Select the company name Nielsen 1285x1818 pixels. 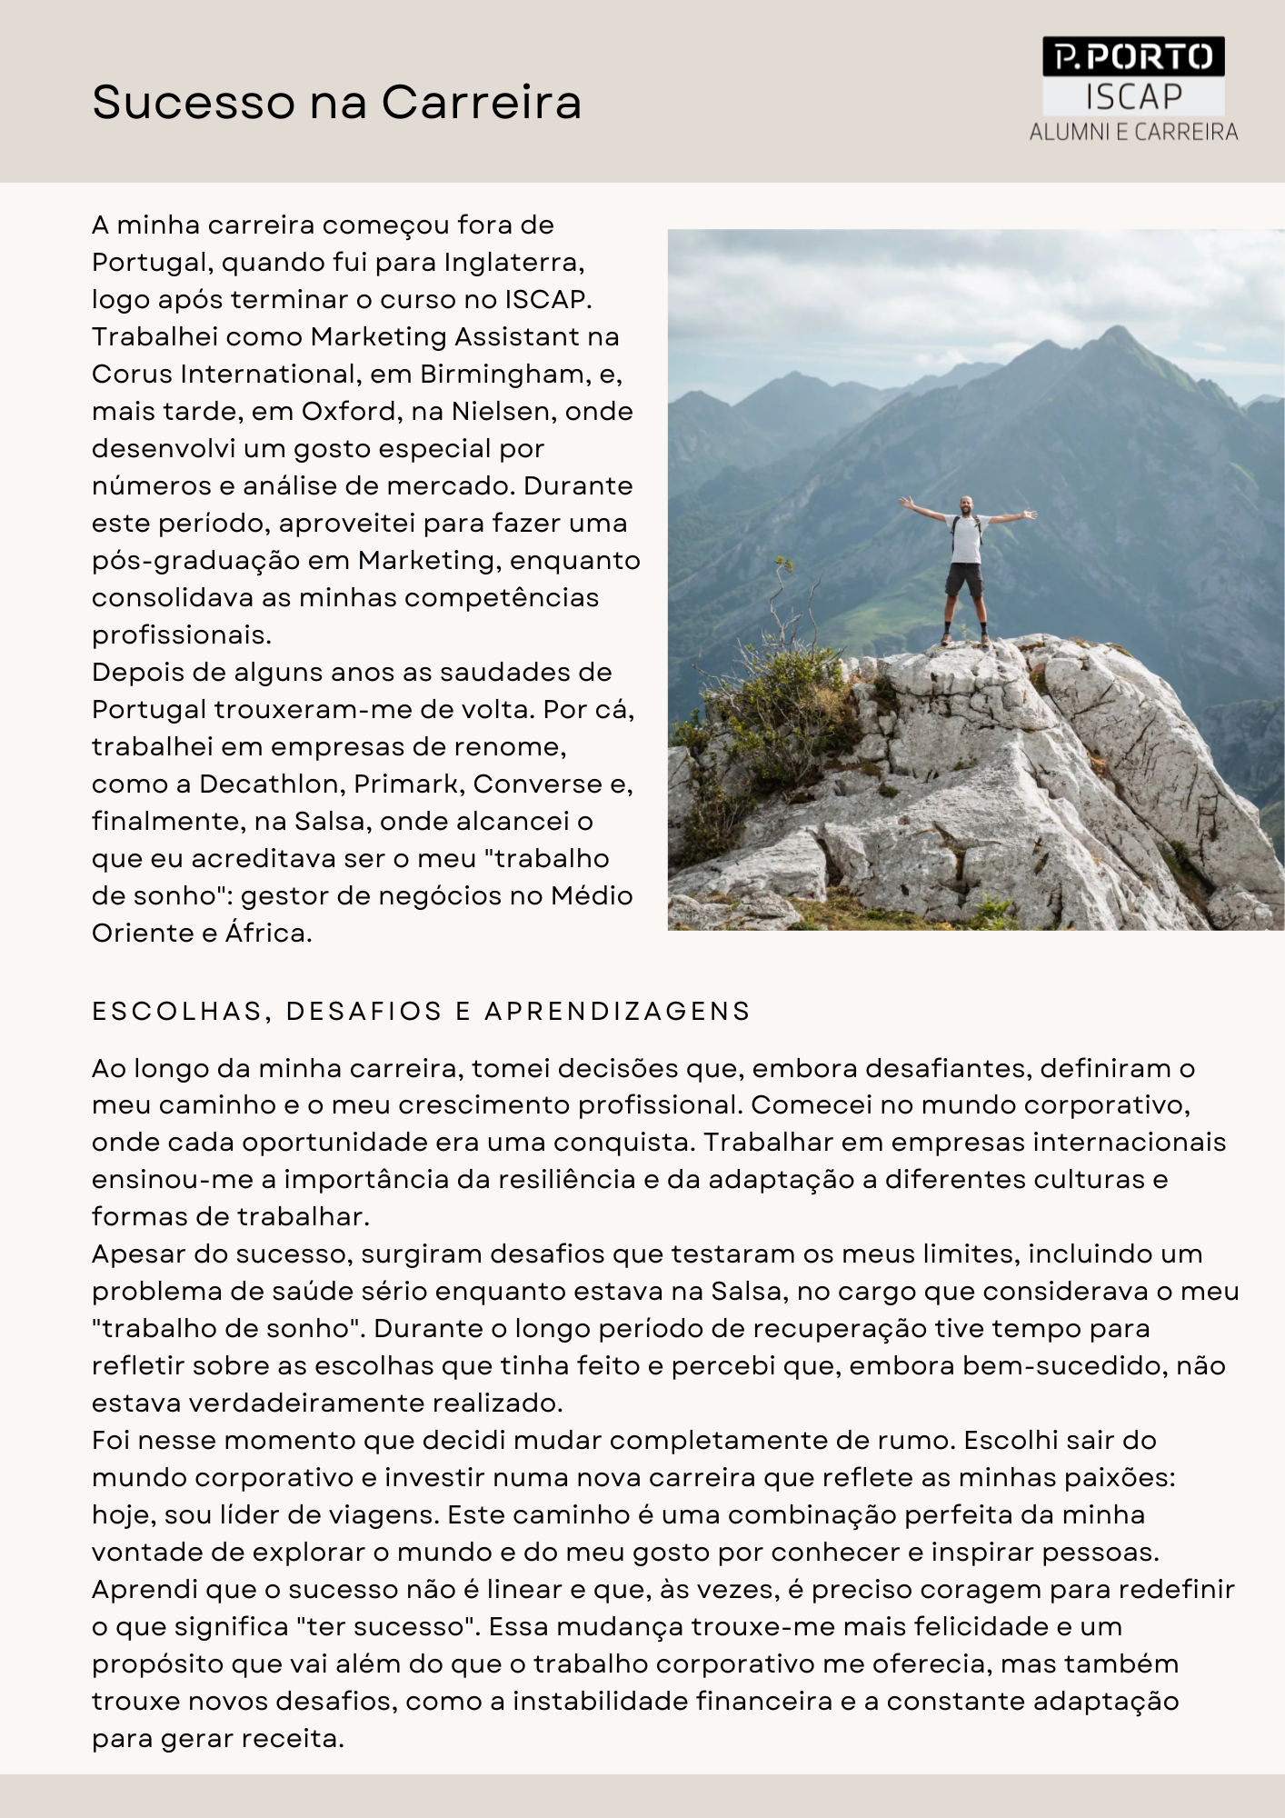(503, 411)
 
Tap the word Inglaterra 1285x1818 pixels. (513, 262)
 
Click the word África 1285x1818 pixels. (268, 933)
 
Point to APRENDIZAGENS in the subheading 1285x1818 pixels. (618, 1011)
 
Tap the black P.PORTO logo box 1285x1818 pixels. (1133, 57)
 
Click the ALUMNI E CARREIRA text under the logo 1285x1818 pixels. (1133, 132)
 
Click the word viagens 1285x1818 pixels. (386, 1514)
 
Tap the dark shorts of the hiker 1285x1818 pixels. (964, 579)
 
